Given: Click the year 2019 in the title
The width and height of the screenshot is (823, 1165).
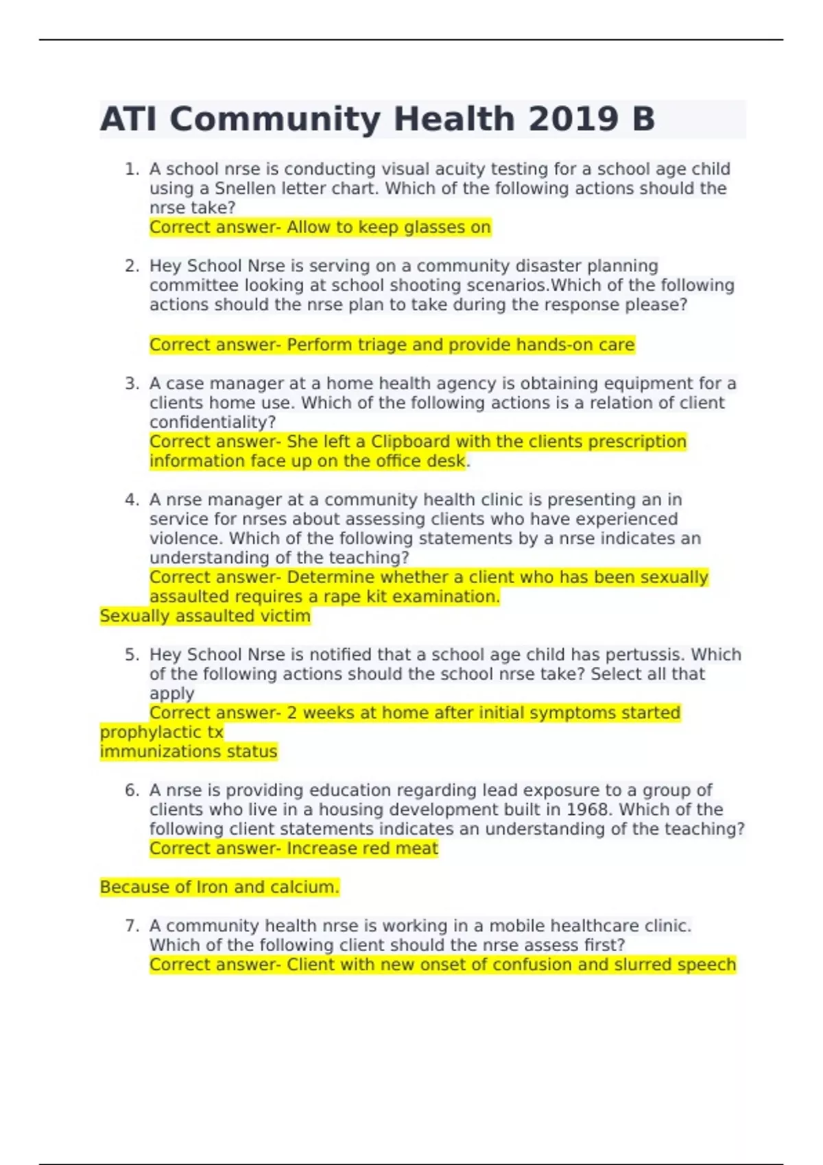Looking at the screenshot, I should tap(572, 119).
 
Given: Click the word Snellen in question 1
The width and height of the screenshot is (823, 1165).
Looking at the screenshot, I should tap(246, 188).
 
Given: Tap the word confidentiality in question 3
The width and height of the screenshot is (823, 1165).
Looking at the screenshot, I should tap(212, 422).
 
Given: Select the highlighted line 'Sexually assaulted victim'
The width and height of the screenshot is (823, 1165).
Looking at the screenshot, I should tap(205, 616).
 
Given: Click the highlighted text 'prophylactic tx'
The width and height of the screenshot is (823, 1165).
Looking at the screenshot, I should tap(162, 733).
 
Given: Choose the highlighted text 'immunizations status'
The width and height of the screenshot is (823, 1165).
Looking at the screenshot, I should tap(189, 752).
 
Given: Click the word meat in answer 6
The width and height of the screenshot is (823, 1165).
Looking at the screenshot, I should tap(419, 848).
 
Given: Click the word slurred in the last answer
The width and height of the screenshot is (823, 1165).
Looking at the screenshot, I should tap(639, 965).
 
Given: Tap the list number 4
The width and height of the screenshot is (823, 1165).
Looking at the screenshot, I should tap(132, 500).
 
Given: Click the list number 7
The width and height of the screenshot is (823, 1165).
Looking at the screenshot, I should tap(132, 926).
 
